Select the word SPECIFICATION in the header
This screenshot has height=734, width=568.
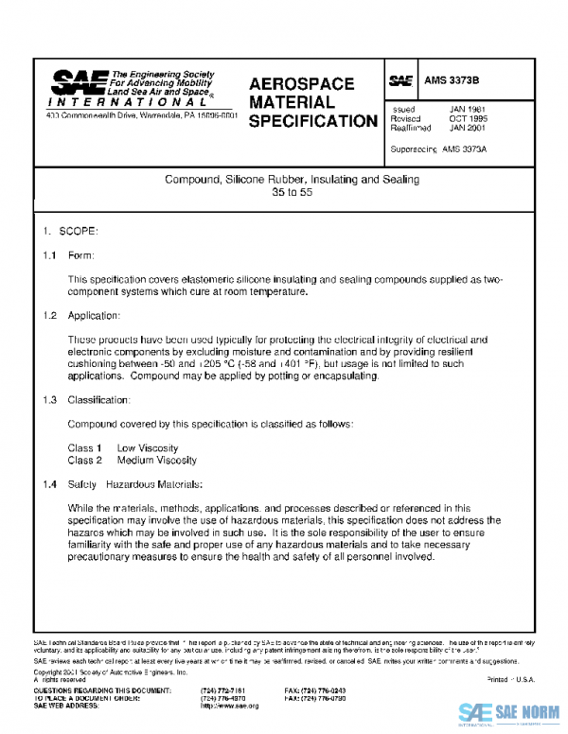[313, 121]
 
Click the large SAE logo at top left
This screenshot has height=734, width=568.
[80, 82]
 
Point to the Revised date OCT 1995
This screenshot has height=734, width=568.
[468, 119]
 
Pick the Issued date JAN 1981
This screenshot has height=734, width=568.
[468, 110]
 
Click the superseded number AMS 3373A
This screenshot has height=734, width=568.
[463, 150]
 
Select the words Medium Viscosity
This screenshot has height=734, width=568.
[157, 460]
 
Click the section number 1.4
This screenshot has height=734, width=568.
[50, 484]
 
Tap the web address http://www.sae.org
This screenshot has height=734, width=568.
[230, 706]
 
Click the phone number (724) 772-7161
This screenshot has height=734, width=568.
[223, 691]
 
